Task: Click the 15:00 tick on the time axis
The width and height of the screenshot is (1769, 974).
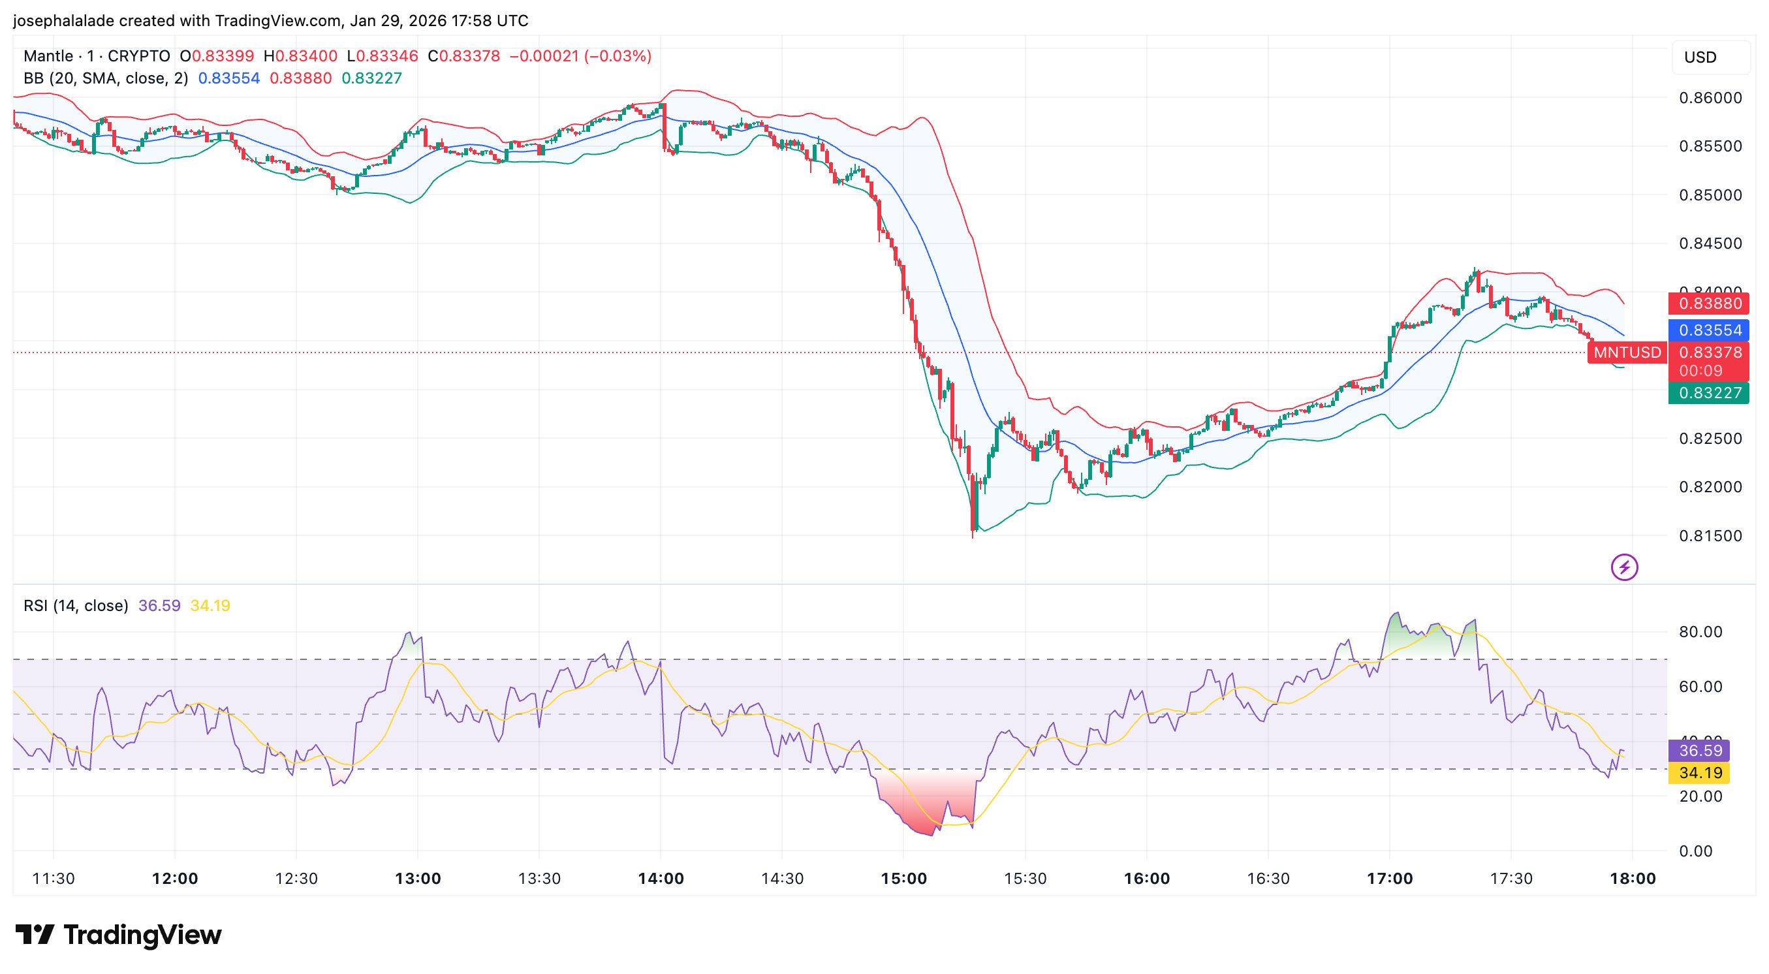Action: [903, 879]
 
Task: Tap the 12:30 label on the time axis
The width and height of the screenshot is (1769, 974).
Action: [296, 879]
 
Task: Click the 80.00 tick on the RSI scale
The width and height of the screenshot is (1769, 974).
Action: [1700, 632]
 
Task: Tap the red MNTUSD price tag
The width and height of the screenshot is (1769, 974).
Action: [1627, 353]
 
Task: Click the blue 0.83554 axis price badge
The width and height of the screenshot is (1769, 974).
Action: [1709, 330]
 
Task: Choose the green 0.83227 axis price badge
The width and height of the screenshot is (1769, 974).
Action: [1709, 393]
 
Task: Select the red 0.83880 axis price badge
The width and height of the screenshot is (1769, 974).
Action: [1709, 304]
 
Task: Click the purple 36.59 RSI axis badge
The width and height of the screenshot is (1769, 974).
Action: [1700, 751]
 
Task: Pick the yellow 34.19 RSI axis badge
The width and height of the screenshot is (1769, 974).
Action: [1700, 773]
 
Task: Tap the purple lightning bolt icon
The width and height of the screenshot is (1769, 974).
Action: [1624, 567]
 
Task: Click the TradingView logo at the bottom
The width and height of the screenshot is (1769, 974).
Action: [118, 935]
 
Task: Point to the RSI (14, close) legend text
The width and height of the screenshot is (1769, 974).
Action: [76, 606]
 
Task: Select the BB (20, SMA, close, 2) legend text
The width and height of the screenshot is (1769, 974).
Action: [106, 78]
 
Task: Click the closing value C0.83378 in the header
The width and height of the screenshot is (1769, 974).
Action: [463, 56]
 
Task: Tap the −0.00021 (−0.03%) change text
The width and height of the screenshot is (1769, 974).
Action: [580, 56]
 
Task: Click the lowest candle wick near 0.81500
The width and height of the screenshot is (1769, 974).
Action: [973, 533]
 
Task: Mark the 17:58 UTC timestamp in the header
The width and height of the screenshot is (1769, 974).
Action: [490, 21]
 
